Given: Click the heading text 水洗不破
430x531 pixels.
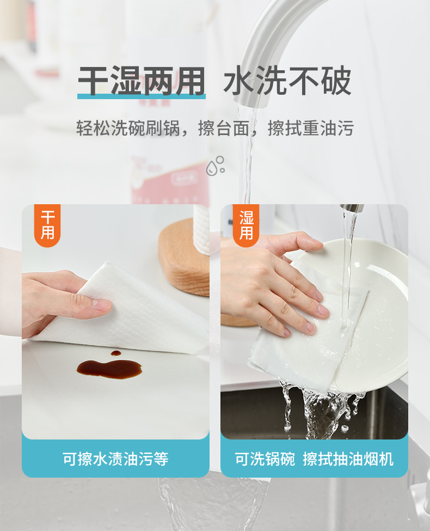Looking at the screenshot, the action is [287, 80].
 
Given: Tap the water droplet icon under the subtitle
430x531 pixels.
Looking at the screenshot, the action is [216, 166].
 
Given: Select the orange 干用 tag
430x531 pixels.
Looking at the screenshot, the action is [47, 225].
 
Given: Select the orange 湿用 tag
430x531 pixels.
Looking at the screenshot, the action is [246, 225].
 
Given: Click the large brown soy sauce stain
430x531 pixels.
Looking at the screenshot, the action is [109, 369].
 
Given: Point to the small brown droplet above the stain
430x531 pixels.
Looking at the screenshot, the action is [116, 353].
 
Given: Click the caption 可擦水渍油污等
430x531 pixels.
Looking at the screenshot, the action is [115, 459].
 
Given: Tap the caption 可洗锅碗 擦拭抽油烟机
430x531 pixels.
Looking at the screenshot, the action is [314, 459].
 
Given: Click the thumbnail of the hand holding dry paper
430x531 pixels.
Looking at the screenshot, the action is [115, 322].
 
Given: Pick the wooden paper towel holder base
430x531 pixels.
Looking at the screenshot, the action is [184, 258].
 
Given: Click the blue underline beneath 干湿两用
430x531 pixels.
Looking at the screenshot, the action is [141, 96].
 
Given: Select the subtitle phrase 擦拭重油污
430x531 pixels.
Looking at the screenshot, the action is [310, 128].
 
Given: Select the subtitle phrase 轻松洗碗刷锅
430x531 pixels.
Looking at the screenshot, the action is [128, 128].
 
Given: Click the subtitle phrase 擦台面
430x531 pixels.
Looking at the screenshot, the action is [224, 128].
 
